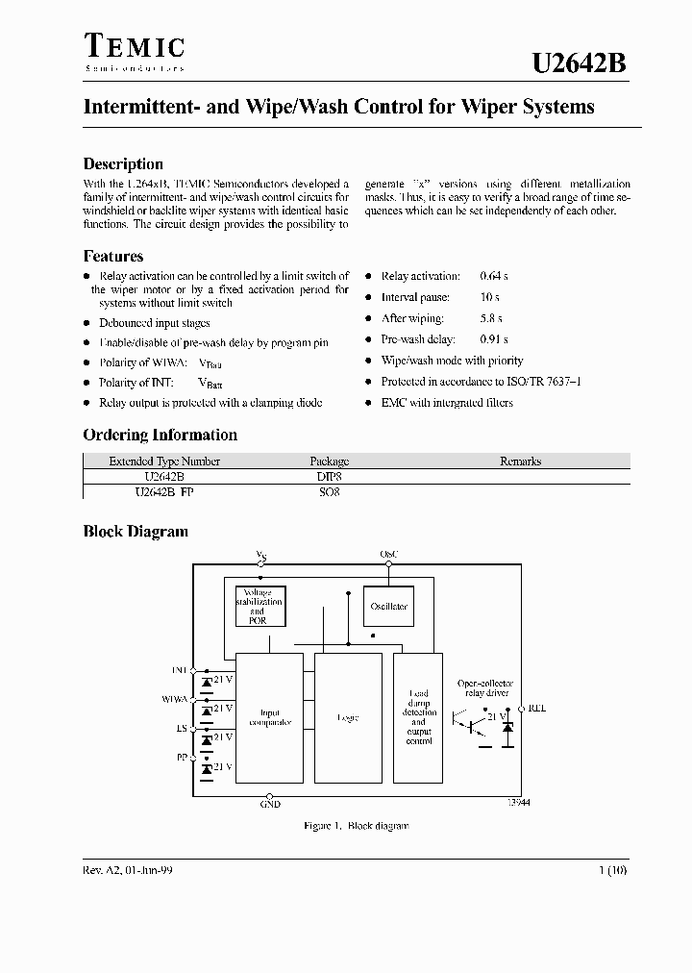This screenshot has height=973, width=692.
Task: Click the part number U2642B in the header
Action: (580, 63)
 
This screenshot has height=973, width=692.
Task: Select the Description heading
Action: (123, 163)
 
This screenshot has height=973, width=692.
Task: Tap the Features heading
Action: (113, 256)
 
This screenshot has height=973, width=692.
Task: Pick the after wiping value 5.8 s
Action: (492, 318)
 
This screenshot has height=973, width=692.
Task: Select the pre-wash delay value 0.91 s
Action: (494, 339)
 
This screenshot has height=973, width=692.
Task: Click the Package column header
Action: (329, 462)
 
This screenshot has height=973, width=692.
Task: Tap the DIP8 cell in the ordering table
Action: (329, 475)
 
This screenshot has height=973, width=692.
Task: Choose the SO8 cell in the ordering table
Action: (329, 490)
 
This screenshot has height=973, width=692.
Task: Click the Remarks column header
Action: (521, 462)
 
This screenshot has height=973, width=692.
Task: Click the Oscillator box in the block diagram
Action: (388, 606)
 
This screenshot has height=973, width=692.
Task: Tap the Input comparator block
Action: (269, 717)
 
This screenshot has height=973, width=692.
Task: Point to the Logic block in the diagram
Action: (348, 717)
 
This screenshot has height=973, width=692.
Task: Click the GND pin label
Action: (270, 805)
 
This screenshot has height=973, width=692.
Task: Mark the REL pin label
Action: (536, 709)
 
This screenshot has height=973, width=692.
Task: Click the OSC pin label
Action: (388, 555)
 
